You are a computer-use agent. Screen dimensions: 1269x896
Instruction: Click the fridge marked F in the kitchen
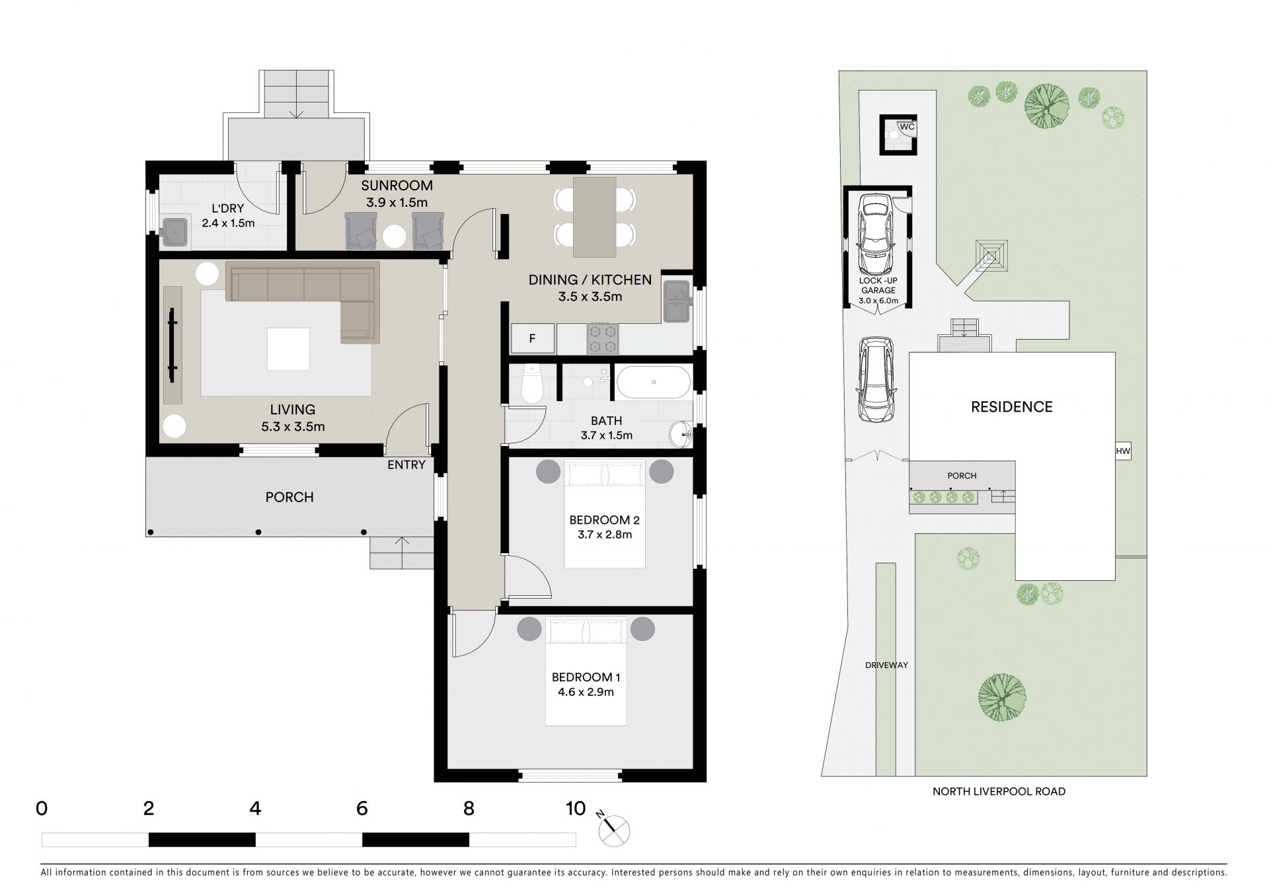tap(532, 339)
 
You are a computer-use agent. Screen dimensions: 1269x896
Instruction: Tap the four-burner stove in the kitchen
tap(603, 338)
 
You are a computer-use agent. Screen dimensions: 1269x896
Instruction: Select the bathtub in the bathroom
tap(654, 382)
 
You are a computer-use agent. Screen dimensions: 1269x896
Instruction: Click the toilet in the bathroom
tap(531, 384)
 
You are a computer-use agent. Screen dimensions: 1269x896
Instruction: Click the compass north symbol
tap(614, 831)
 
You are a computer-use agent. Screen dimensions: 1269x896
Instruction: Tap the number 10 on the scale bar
tap(576, 808)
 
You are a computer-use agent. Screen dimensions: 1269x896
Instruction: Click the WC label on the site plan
tap(907, 126)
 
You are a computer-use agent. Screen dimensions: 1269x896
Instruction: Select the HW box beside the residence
tap(1123, 452)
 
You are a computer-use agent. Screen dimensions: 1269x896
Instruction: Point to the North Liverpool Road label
tap(999, 791)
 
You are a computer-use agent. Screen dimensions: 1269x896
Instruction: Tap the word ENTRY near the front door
tap(406, 465)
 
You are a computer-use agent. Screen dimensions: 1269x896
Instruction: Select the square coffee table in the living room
tap(288, 349)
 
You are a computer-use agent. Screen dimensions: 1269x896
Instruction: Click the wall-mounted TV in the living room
tap(173, 344)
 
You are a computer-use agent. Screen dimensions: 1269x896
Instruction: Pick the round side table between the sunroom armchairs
tap(395, 237)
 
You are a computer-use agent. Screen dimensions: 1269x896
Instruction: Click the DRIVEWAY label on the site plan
tap(887, 665)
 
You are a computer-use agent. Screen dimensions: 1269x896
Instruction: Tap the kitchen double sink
tap(676, 301)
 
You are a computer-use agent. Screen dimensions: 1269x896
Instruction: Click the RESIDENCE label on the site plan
tap(1012, 407)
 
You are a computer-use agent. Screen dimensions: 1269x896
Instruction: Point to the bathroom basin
tap(681, 434)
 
